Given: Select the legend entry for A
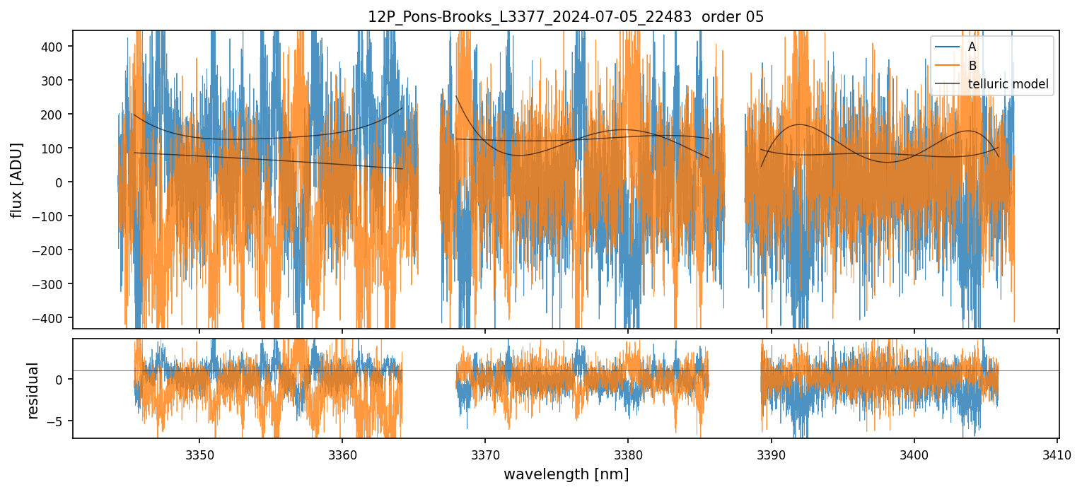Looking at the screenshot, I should [x=972, y=47].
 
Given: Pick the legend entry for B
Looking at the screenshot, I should [x=972, y=66].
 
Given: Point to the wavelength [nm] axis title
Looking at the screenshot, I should [x=566, y=474].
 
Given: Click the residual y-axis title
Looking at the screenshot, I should [x=33, y=390].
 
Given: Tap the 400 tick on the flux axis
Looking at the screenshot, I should [x=56, y=47].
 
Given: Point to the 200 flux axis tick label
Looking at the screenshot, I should [x=56, y=115].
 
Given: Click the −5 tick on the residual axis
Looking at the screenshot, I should [x=59, y=421].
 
